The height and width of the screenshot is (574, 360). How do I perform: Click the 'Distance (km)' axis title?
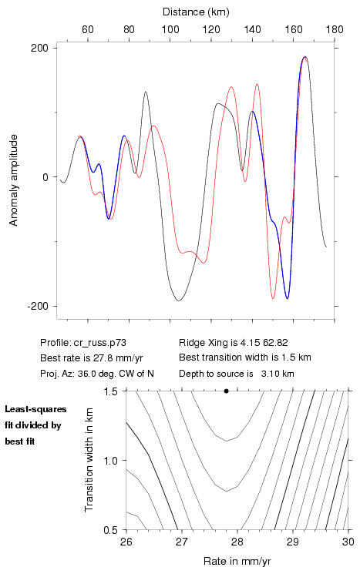pyautogui.click(x=196, y=12)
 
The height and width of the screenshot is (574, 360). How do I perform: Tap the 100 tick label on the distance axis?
pyautogui.click(x=170, y=29)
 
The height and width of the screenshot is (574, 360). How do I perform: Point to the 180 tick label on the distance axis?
pyautogui.click(x=335, y=29)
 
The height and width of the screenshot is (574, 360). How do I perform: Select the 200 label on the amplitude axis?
pyautogui.click(x=39, y=48)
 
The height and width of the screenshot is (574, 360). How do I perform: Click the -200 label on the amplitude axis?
pyautogui.click(x=38, y=306)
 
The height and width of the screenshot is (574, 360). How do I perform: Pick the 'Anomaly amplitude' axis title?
pyautogui.click(x=14, y=180)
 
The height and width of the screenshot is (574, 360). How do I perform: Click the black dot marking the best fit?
pyautogui.click(x=227, y=391)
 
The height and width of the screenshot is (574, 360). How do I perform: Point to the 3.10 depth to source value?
pyautogui.click(x=270, y=374)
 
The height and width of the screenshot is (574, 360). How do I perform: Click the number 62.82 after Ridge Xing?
pyautogui.click(x=275, y=343)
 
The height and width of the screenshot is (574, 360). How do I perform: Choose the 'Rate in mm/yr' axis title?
pyautogui.click(x=237, y=561)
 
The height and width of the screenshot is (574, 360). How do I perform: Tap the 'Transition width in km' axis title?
pyautogui.click(x=89, y=460)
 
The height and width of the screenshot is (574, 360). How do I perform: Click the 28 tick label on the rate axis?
pyautogui.click(x=237, y=542)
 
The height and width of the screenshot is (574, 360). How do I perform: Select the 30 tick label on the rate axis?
pyautogui.click(x=348, y=542)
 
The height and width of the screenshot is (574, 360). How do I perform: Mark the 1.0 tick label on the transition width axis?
pyautogui.click(x=110, y=461)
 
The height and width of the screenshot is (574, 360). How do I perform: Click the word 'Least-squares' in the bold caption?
pyautogui.click(x=35, y=409)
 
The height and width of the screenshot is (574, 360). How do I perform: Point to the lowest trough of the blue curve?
pyautogui.click(x=288, y=298)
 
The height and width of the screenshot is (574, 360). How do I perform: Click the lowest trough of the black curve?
pyautogui.click(x=179, y=300)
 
